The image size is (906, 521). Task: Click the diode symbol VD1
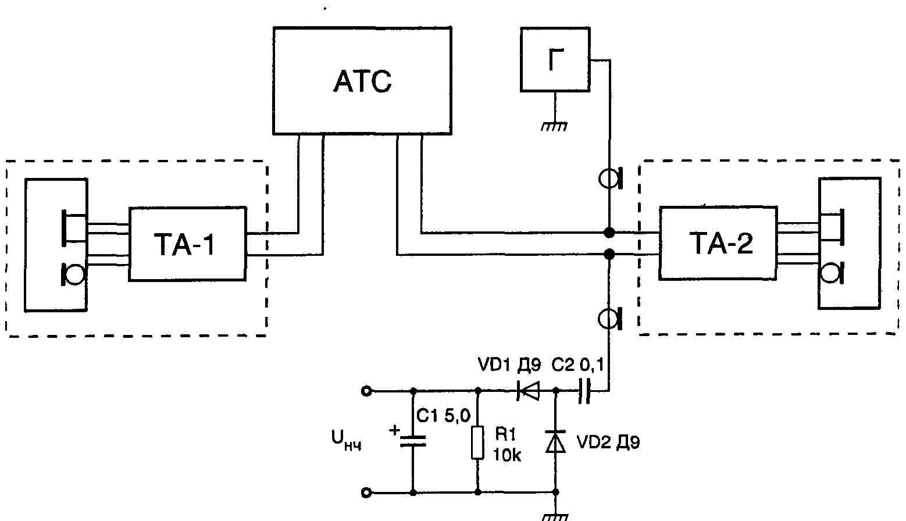(x=528, y=391)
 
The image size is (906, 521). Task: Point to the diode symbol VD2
(x=556, y=441)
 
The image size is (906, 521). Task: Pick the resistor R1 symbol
(x=477, y=442)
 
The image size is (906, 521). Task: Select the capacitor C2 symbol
(x=584, y=391)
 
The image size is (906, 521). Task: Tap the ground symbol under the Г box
(x=555, y=126)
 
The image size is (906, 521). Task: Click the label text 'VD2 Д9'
(x=608, y=442)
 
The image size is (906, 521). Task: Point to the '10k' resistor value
(x=507, y=455)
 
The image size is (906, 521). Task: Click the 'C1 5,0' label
(x=443, y=415)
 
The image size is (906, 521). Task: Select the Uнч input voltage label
(x=346, y=440)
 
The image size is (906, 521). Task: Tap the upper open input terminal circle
(x=366, y=391)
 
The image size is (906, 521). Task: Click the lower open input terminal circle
(x=366, y=493)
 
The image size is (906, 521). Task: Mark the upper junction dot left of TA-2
(x=609, y=233)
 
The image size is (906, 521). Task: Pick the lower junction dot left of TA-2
(x=609, y=254)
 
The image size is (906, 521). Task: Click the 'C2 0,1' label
(x=577, y=365)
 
